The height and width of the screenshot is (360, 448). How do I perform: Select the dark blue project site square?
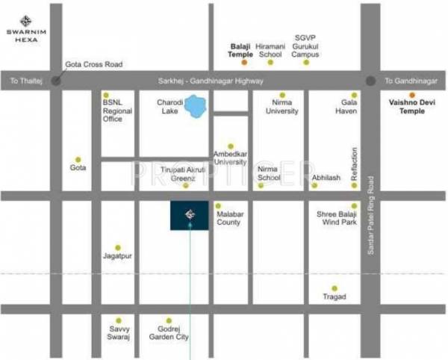[x=189, y=215]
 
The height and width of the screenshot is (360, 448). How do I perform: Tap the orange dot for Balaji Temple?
[x=240, y=62]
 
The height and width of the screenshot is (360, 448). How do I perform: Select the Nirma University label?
[x=281, y=107]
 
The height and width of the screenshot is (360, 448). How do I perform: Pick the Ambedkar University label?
[x=230, y=157]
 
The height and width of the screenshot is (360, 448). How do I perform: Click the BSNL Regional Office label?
[x=117, y=111]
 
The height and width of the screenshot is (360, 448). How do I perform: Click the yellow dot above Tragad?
[x=335, y=287]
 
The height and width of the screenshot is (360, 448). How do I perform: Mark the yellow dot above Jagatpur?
[x=117, y=247]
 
